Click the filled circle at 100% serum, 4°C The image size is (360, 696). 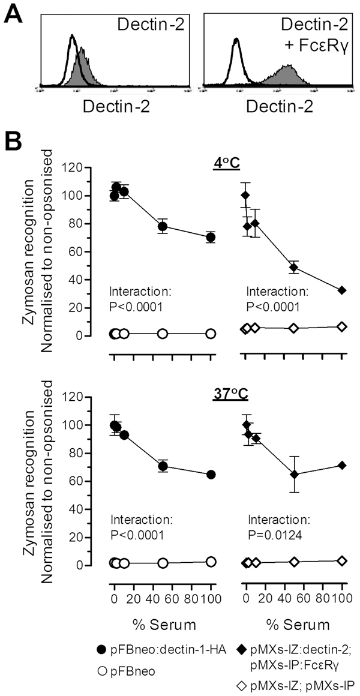tap(211, 237)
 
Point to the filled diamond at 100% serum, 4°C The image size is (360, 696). tap(342, 290)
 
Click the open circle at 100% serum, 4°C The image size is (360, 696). tap(211, 334)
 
